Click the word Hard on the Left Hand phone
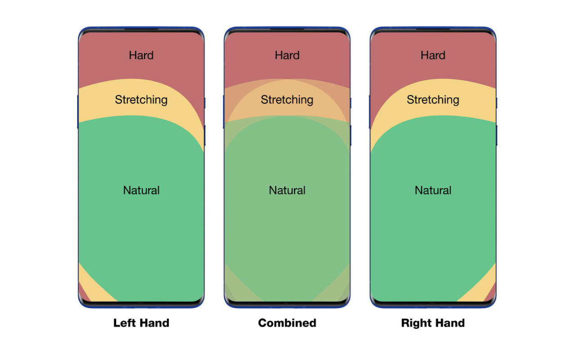click(141, 55)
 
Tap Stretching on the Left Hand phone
click(141, 100)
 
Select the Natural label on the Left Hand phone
click(141, 190)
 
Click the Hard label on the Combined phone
click(287, 55)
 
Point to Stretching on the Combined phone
click(287, 100)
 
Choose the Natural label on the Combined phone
click(287, 190)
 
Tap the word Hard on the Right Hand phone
click(433, 55)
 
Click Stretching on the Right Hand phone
click(433, 100)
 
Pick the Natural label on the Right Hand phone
click(433, 190)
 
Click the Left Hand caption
click(141, 323)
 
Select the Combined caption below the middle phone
click(287, 323)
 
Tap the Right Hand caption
click(433, 323)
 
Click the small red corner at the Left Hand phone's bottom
click(83, 294)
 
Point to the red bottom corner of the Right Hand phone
click(491, 294)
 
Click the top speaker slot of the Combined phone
click(287, 30)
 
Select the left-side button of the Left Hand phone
click(78, 112)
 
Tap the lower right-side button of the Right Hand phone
click(496, 135)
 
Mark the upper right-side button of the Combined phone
click(351, 103)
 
